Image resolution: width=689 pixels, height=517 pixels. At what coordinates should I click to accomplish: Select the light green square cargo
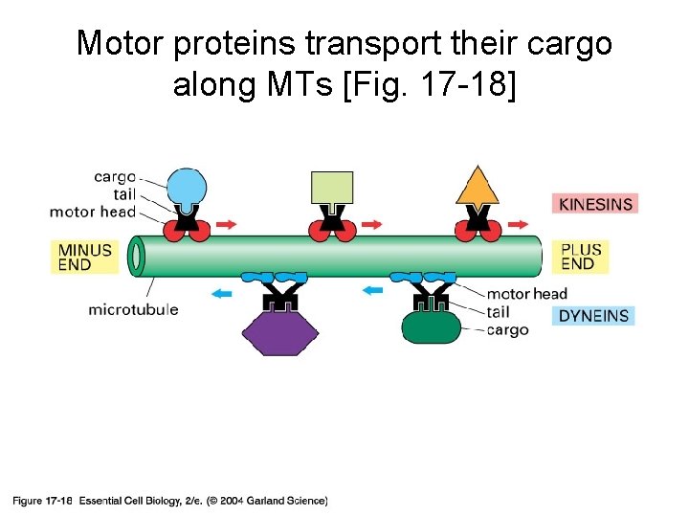tap(332, 188)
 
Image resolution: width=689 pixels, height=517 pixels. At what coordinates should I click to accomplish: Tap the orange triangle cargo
tap(478, 187)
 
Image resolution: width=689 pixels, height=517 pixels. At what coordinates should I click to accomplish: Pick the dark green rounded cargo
tap(431, 327)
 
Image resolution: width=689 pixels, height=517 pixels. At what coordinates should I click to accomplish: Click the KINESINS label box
tap(594, 204)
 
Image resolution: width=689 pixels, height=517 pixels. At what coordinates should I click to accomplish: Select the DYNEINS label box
tap(593, 316)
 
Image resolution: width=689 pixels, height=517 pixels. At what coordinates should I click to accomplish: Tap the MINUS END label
tap(84, 257)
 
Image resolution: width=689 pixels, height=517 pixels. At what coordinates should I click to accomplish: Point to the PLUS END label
tap(581, 257)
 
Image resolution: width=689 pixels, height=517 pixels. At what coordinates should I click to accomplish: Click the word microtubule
tap(133, 309)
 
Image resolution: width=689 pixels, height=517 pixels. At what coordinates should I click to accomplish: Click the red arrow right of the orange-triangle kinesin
tap(518, 224)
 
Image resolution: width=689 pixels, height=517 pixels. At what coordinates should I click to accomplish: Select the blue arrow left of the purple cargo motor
tap(221, 294)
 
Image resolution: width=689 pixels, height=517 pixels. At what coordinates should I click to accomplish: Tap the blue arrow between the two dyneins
tap(372, 288)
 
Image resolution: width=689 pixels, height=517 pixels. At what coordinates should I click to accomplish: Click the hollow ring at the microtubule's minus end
tap(137, 257)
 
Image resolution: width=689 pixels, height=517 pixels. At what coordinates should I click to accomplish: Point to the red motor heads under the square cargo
tap(332, 230)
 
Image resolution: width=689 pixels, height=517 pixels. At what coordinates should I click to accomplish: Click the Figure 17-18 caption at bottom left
tap(42, 501)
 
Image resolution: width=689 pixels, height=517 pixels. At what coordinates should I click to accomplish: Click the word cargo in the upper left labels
tap(115, 177)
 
